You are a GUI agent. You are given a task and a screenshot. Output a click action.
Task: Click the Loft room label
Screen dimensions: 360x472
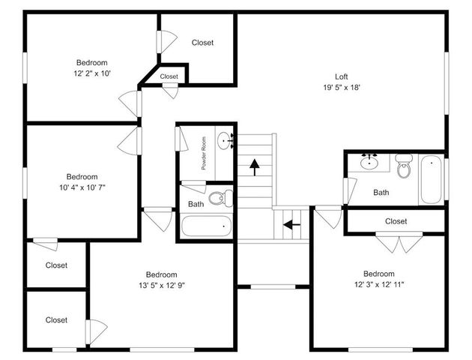pos(341,76)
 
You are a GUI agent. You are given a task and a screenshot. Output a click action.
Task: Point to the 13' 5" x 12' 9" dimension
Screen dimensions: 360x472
pos(161,286)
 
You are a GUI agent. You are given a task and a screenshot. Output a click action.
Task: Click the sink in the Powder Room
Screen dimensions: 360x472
pos(226,139)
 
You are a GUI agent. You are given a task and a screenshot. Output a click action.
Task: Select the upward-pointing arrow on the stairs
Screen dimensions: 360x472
pos(255,166)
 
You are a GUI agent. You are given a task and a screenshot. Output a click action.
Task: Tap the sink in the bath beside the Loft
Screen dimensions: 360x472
pos(369,161)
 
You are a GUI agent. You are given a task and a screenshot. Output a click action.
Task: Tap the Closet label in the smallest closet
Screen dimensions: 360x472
pos(169,76)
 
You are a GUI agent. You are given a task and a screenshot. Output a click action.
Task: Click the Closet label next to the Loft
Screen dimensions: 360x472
pos(202,43)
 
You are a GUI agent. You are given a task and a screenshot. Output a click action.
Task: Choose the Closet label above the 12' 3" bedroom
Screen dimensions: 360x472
pos(396,221)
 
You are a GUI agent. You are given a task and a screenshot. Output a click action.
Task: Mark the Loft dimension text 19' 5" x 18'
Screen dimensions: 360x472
pos(341,87)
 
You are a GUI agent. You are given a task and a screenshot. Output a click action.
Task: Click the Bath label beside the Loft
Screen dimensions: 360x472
pos(381,193)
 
